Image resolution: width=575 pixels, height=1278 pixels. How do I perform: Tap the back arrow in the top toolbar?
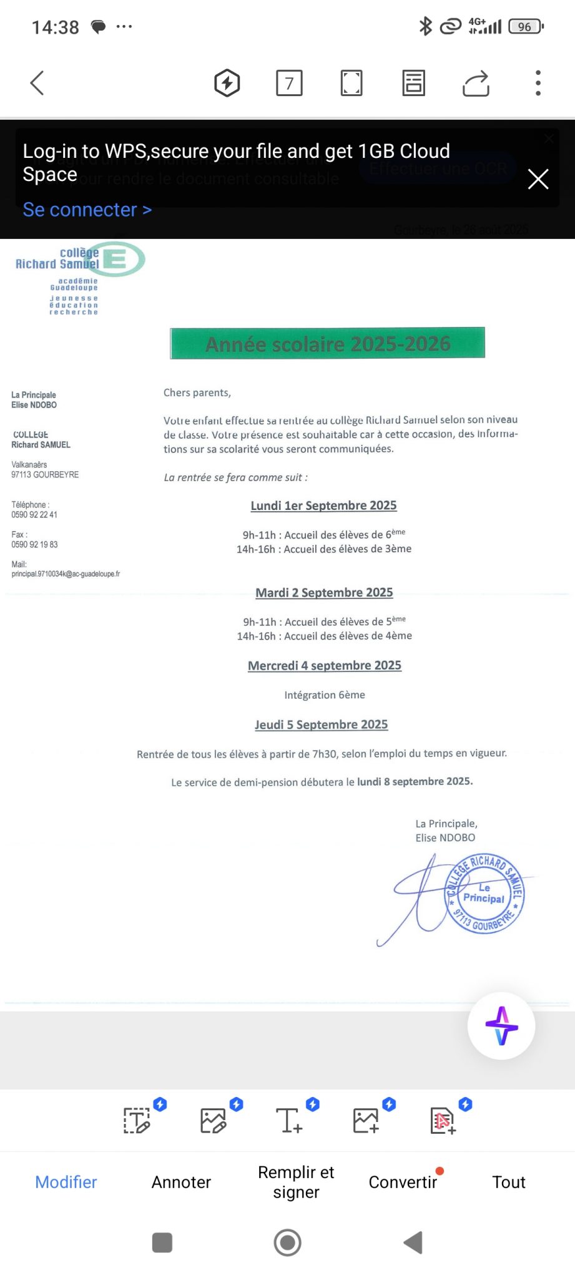(x=37, y=83)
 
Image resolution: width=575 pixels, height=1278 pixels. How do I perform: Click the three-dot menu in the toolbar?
(x=538, y=83)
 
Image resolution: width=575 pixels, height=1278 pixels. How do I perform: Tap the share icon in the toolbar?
(x=476, y=84)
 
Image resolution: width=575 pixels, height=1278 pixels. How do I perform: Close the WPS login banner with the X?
(x=538, y=179)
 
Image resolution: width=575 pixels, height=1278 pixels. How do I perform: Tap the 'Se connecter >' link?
(x=87, y=210)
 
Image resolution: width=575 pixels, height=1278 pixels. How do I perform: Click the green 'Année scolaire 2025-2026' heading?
(x=327, y=343)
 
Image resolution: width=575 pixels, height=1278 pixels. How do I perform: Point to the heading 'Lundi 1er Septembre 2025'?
(x=323, y=505)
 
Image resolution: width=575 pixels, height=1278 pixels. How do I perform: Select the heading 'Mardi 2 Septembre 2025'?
(x=324, y=592)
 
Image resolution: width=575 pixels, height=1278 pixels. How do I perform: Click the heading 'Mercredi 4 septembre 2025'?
(x=324, y=666)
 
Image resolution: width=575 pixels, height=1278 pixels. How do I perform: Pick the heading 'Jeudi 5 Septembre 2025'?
(x=321, y=724)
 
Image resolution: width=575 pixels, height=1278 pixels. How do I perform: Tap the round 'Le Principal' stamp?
(x=484, y=894)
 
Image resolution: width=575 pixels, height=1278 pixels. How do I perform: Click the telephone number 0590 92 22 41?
(x=34, y=515)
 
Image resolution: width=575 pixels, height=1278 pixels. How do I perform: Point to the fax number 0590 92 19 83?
(x=34, y=545)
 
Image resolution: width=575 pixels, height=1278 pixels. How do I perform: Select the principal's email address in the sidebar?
(x=66, y=574)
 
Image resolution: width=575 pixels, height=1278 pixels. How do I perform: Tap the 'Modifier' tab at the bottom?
(x=66, y=1182)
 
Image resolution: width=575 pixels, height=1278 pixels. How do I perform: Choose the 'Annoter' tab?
(x=181, y=1182)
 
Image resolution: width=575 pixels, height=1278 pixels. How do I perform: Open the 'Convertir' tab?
(x=403, y=1182)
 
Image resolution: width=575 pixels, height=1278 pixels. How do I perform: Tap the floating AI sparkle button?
(x=501, y=1025)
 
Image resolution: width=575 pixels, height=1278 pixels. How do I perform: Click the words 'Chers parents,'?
(x=197, y=393)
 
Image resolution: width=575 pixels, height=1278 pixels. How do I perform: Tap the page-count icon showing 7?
(x=289, y=83)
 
